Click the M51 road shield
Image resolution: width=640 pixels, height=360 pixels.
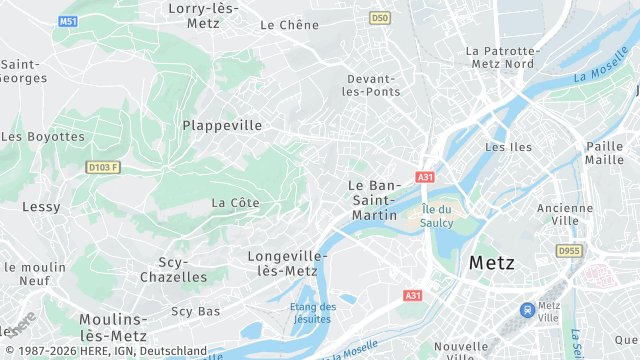click(67, 21)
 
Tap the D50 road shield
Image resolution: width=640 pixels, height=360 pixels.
click(379, 17)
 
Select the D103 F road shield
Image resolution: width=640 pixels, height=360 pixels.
click(102, 167)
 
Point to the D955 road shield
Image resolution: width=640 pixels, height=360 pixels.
click(569, 251)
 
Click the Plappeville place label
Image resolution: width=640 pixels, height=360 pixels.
click(222, 126)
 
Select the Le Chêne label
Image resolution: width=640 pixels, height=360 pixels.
click(289, 25)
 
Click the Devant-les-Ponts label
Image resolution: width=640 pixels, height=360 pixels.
click(373, 85)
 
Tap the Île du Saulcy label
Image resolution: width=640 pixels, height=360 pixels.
click(437, 216)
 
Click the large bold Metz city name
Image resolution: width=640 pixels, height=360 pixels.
click(491, 263)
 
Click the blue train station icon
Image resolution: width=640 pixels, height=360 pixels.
click(525, 311)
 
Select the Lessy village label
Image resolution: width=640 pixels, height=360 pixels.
click(41, 207)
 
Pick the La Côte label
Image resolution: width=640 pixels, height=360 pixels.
click(235, 203)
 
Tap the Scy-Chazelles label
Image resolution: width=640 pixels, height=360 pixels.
click(174, 269)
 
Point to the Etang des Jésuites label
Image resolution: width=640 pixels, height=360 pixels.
click(313, 313)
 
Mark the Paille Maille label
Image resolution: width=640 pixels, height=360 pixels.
click(604, 153)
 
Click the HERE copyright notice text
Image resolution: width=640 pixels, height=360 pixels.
click(104, 351)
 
